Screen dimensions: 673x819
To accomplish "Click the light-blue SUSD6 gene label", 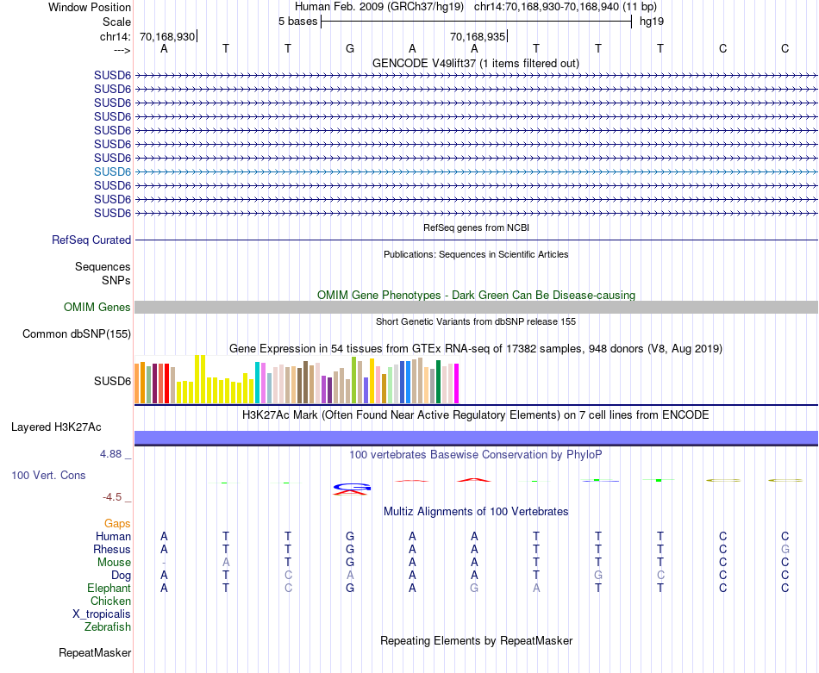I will click(113, 171).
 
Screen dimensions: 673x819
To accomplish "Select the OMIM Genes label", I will click(97, 308).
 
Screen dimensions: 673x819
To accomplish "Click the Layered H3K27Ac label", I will click(56, 427).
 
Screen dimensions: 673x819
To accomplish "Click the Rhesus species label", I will click(112, 550).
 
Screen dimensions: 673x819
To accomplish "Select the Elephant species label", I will click(109, 589).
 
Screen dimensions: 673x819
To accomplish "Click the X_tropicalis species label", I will click(102, 614).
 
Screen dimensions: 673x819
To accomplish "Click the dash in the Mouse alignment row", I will click(164, 563).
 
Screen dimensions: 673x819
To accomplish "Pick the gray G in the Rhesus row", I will click(785, 550).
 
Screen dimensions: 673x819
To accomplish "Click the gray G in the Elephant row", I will click(474, 589).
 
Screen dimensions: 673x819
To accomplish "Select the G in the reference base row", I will click(350, 49).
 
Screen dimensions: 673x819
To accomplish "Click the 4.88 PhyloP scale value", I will click(114, 452).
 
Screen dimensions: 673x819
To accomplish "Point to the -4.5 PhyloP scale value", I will click(116, 496).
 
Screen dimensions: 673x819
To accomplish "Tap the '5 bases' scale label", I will click(297, 22).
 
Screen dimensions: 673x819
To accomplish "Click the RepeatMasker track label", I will click(95, 653).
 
